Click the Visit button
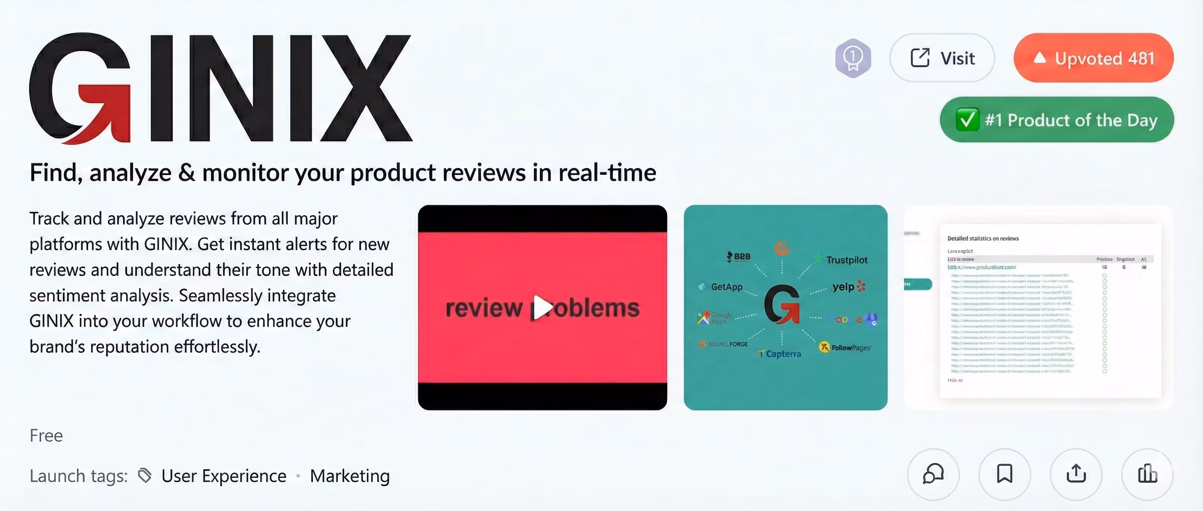pyautogui.click(x=942, y=58)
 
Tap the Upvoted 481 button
pyautogui.click(x=1093, y=58)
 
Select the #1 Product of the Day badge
pyautogui.click(x=1056, y=120)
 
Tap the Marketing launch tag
pyautogui.click(x=350, y=476)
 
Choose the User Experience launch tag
pyautogui.click(x=224, y=476)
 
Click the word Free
pyautogui.click(x=46, y=435)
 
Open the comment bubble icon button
pyautogui.click(x=933, y=474)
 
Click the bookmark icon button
pyautogui.click(x=1004, y=474)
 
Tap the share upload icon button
pyautogui.click(x=1076, y=474)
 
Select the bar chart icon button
pyautogui.click(x=1148, y=474)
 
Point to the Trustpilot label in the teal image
pyautogui.click(x=846, y=260)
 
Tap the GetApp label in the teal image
pyautogui.click(x=726, y=287)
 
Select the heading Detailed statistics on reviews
pyautogui.click(x=983, y=238)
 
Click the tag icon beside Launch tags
pyautogui.click(x=145, y=476)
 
